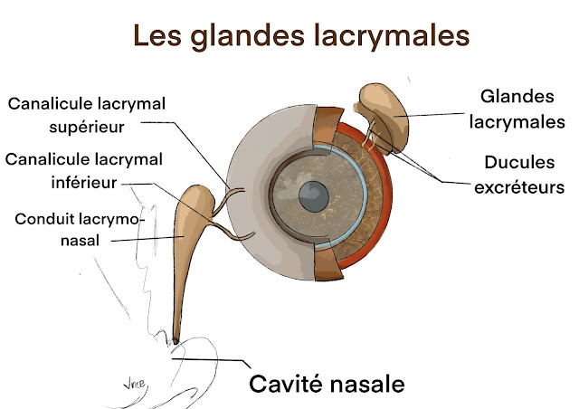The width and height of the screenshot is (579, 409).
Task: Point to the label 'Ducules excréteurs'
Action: (519, 175)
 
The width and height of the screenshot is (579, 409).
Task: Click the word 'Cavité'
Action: (283, 382)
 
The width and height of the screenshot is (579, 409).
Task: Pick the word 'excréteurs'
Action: (519, 187)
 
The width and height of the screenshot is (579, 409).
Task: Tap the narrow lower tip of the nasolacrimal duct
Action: (176, 336)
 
